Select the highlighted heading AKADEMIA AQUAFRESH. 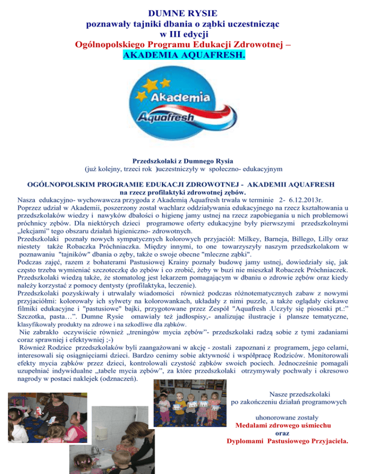tap(183, 56)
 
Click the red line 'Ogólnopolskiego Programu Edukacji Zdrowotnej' tap(183, 46)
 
